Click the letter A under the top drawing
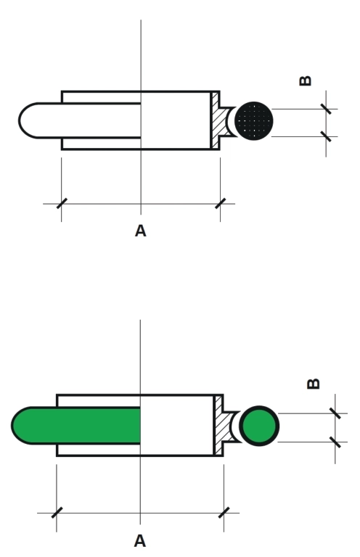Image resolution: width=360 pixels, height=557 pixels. [140, 231]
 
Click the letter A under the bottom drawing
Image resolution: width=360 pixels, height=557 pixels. [140, 541]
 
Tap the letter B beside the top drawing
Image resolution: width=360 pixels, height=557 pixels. [306, 81]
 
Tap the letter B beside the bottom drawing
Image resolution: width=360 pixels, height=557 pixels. [313, 384]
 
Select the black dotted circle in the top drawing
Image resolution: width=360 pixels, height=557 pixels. [254, 121]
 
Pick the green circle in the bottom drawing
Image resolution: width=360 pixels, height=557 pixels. [259, 426]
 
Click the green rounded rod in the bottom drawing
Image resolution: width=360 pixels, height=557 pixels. [76, 426]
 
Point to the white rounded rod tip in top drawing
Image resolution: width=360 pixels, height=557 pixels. [28, 120]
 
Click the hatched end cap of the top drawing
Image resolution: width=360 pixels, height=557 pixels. [220, 121]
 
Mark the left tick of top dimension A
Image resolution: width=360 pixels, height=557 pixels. [62, 204]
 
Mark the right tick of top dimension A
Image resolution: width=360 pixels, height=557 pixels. [221, 204]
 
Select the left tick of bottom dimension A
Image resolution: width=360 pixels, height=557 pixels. [57, 513]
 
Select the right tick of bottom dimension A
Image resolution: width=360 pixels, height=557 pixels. [224, 513]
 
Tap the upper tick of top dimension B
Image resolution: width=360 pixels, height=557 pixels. [326, 109]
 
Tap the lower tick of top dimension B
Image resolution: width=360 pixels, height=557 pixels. [326, 136]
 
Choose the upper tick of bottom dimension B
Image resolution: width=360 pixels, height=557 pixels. [335, 413]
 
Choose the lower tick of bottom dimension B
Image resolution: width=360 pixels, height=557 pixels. [335, 442]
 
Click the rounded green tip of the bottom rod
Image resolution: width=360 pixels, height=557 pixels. [21, 426]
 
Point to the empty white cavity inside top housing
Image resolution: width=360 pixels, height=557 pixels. [176, 120]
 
